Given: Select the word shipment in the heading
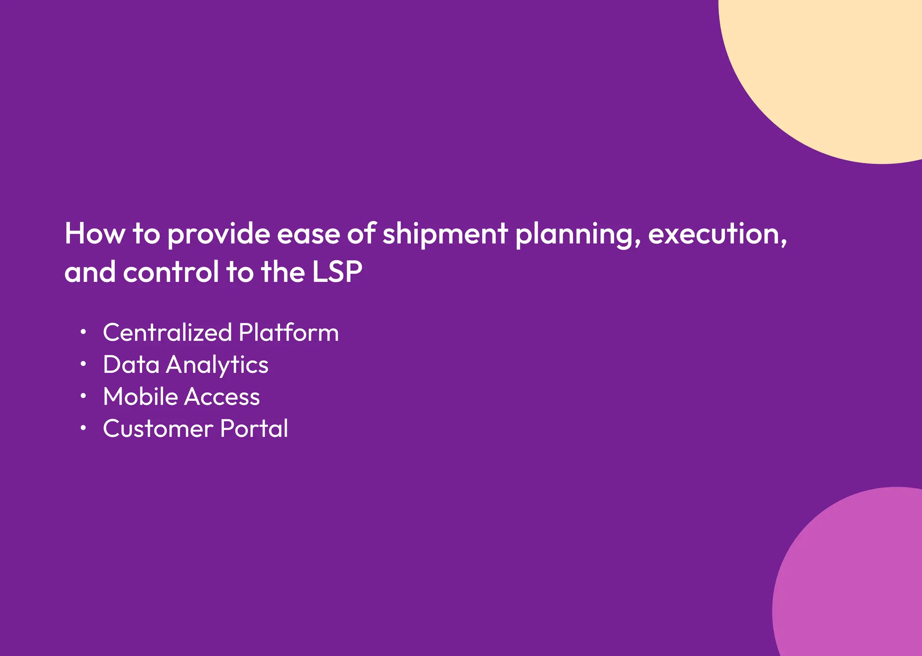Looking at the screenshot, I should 445,235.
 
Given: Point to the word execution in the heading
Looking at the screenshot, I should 717,235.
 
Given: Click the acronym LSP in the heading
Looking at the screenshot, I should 337,272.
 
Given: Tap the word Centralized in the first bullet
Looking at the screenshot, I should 167,332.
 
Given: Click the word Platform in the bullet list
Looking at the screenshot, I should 289,332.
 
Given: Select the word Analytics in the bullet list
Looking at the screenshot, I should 217,365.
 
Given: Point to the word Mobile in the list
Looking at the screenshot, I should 140,397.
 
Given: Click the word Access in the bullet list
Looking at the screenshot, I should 222,397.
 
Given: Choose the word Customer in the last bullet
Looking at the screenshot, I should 158,429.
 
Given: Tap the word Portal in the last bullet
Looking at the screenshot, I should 254,429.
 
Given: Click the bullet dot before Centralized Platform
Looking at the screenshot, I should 83,332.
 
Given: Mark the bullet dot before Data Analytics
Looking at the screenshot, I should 83,364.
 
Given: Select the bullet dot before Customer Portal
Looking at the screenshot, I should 83,428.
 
